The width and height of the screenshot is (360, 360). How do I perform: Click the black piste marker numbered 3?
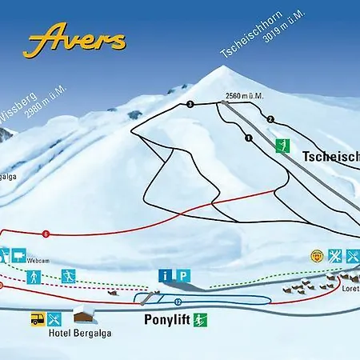click(190, 105)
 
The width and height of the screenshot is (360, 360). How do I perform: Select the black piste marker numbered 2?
click(270, 119)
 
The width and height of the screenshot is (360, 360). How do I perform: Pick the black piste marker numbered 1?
click(249, 138)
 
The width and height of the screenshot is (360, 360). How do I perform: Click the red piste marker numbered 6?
click(46, 234)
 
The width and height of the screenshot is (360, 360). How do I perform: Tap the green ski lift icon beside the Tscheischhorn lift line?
click(281, 146)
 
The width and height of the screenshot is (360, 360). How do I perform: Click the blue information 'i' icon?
click(166, 275)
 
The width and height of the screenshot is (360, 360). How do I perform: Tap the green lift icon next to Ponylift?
click(203, 321)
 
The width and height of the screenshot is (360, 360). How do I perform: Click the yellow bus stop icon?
click(37, 318)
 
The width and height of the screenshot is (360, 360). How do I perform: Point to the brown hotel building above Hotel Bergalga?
click(84, 313)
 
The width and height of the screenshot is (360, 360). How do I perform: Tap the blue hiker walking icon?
click(34, 278)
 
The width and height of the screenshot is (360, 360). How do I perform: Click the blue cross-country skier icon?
click(70, 276)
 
